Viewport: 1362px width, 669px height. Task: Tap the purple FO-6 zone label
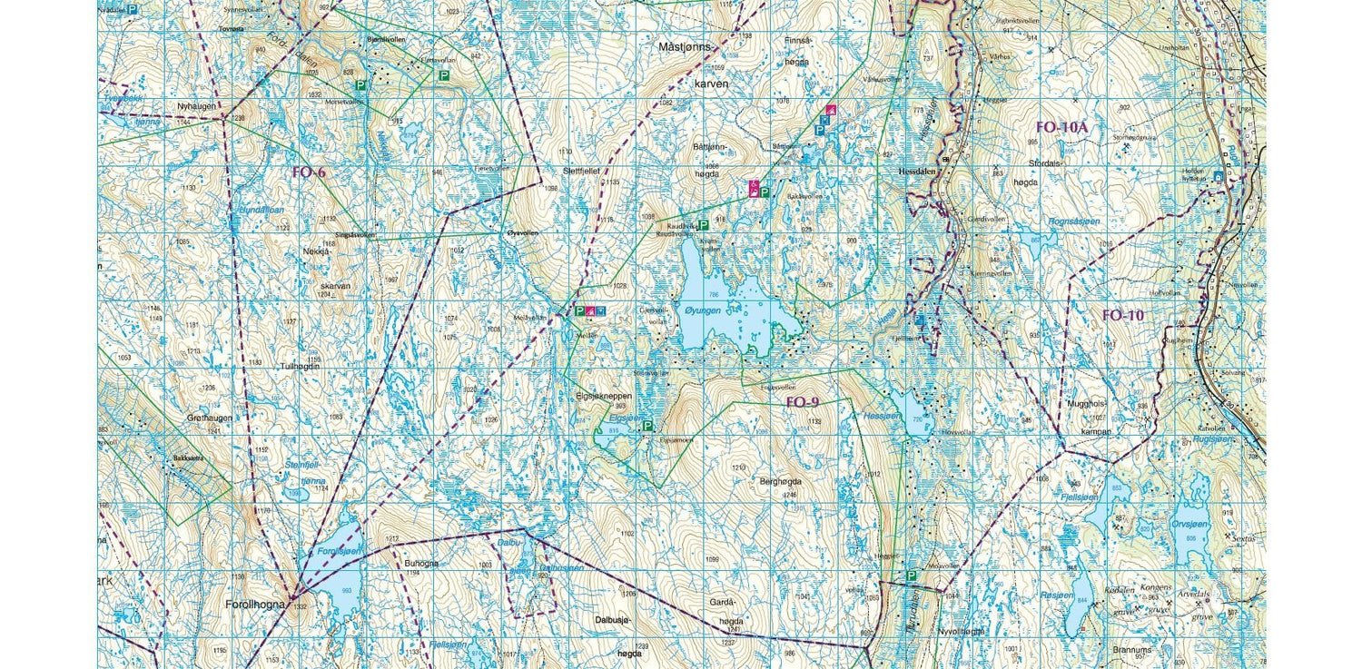click(x=308, y=172)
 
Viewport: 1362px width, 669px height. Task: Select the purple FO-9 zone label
click(x=802, y=401)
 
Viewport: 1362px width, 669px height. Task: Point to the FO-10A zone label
click(x=1061, y=128)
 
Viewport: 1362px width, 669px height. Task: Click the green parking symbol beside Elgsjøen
click(x=647, y=425)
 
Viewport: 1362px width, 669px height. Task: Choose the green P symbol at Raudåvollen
click(x=703, y=224)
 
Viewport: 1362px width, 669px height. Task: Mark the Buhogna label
click(x=421, y=563)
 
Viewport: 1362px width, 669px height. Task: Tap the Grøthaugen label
click(x=210, y=418)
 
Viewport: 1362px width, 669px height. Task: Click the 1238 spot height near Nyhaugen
click(x=239, y=118)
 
